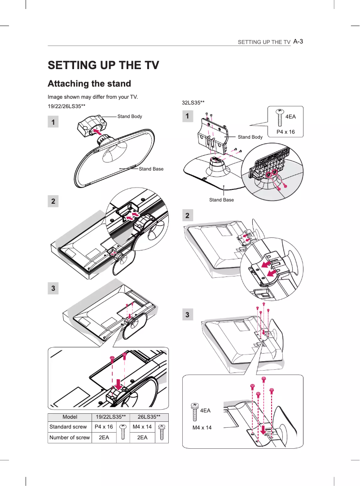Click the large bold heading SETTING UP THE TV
(x=103, y=65)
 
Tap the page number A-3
(x=298, y=41)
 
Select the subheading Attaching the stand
(x=89, y=84)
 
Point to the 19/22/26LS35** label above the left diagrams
(x=66, y=106)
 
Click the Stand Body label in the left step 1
(x=129, y=117)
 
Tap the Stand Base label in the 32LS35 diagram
(x=221, y=200)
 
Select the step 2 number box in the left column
(x=53, y=201)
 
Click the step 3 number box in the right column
(x=188, y=315)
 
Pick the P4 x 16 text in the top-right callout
(x=285, y=132)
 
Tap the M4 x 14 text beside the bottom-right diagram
(x=202, y=427)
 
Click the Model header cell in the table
(x=70, y=417)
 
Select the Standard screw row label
(x=68, y=427)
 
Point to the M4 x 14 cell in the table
(x=142, y=427)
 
